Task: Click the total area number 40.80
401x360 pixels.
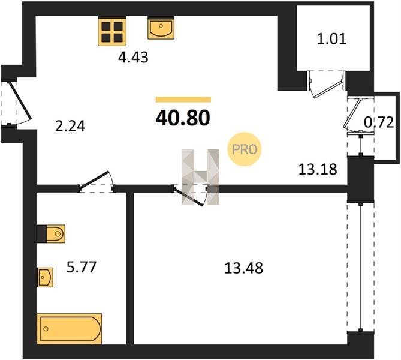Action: (x=183, y=118)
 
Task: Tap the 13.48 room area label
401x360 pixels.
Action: (x=244, y=268)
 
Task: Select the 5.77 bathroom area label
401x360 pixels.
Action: (x=82, y=267)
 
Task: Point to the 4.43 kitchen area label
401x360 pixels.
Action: (x=133, y=58)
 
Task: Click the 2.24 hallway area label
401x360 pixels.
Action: (x=70, y=126)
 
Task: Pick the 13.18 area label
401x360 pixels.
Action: (x=318, y=169)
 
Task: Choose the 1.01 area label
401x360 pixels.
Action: (x=331, y=39)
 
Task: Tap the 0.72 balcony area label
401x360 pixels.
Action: (x=379, y=122)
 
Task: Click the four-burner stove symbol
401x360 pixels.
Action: (x=112, y=31)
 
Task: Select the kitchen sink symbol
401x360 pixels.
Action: (x=161, y=28)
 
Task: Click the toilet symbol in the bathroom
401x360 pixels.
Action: (x=51, y=233)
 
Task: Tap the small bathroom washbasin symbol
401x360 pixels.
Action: (x=45, y=277)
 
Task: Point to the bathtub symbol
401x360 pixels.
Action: (x=70, y=329)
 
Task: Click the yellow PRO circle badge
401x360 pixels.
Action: (x=245, y=149)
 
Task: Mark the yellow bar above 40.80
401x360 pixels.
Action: (x=183, y=100)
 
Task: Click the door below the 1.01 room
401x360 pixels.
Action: (x=327, y=85)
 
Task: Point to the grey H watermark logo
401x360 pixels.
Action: (x=200, y=177)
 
